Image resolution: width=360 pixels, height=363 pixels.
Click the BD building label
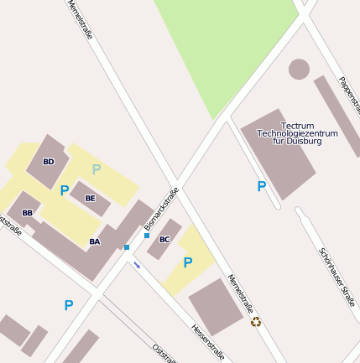point(49,161)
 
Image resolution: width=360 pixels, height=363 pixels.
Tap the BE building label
point(91,199)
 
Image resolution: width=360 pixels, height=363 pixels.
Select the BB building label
point(28,213)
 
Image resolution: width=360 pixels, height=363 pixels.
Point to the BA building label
point(95,242)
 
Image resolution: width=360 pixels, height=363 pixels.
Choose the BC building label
point(164,239)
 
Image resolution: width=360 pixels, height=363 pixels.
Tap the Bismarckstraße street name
point(162,209)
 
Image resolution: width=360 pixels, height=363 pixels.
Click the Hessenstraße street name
point(207,342)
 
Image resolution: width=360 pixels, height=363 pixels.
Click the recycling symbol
point(256,322)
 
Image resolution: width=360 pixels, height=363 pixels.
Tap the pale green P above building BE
point(97,169)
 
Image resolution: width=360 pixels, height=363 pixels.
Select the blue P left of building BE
point(65,190)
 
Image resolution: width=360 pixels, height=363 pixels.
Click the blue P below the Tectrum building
point(262,186)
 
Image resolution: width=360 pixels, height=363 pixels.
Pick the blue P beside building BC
point(188,262)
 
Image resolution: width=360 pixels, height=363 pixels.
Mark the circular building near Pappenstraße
point(299,69)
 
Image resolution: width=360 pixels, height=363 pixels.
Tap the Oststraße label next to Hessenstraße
point(164,352)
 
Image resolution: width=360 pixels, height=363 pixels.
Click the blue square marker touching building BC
point(147,236)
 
